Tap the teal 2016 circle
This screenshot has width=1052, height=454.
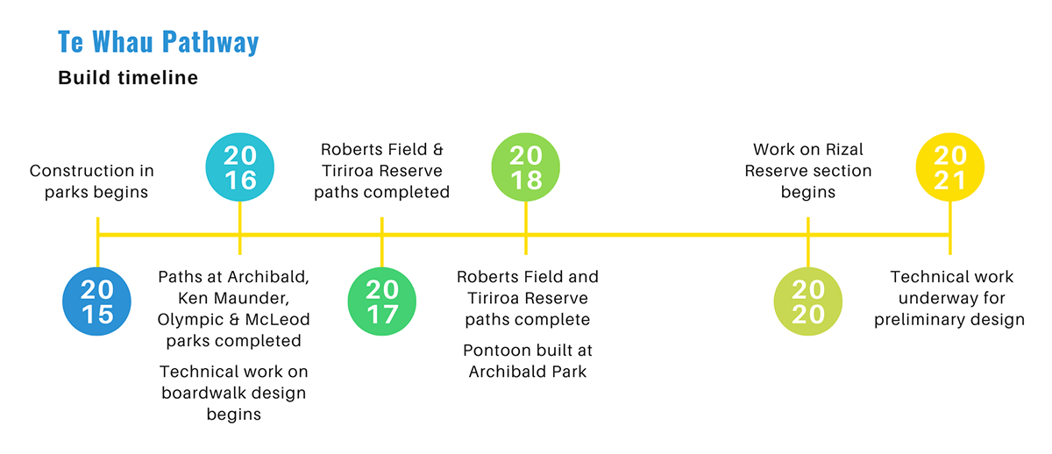pyautogui.click(x=239, y=167)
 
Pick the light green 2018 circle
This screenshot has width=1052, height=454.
pyautogui.click(x=525, y=167)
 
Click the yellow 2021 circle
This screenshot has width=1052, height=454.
pyautogui.click(x=949, y=167)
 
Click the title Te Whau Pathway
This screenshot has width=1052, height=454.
pyautogui.click(x=159, y=42)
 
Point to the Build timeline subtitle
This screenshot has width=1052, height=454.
pyautogui.click(x=128, y=78)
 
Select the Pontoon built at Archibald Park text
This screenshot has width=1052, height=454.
pyautogui.click(x=528, y=360)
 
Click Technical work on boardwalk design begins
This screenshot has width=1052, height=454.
pyautogui.click(x=234, y=393)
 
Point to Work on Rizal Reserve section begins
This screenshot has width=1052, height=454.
pyautogui.click(x=808, y=171)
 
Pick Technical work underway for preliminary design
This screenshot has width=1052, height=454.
pyautogui.click(x=950, y=298)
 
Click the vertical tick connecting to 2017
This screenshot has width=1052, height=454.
pyautogui.click(x=382, y=250)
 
